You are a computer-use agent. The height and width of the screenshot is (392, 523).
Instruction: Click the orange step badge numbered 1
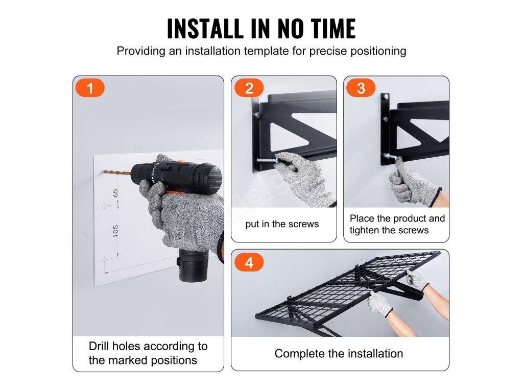[x=90, y=88]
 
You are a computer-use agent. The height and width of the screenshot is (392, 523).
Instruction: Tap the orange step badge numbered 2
[x=249, y=88]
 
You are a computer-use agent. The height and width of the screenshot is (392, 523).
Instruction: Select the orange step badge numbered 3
[x=361, y=88]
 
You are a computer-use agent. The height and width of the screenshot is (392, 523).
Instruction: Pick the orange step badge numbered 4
[x=249, y=262]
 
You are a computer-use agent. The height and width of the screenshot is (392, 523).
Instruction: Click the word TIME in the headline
[x=332, y=29]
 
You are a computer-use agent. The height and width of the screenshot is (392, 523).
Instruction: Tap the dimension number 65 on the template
[x=115, y=193]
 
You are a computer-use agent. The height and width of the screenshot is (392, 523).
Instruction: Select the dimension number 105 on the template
[x=115, y=231]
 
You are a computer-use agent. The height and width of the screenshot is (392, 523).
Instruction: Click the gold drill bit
[x=117, y=173]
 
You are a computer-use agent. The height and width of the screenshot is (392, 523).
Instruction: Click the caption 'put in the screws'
[x=282, y=224]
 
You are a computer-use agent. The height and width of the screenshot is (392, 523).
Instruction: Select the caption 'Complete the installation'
[x=339, y=353]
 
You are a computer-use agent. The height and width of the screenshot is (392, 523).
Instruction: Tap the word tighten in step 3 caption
[x=364, y=230]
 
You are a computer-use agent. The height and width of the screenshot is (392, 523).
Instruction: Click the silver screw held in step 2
[x=266, y=161]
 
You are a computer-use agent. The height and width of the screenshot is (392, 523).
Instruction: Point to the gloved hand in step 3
[x=413, y=182]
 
